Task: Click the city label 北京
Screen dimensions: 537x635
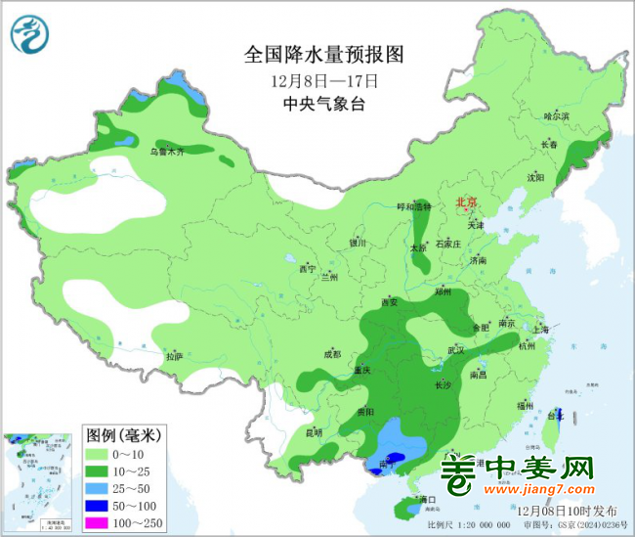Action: click(466, 203)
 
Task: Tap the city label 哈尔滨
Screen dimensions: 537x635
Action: click(556, 115)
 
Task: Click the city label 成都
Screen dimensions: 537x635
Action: click(332, 354)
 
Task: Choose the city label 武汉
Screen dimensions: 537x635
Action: click(456, 349)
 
